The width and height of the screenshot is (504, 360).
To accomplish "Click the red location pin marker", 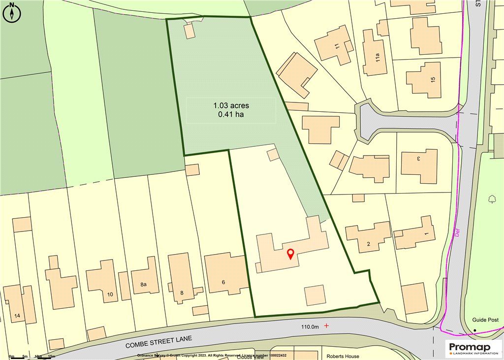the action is [x=290, y=254].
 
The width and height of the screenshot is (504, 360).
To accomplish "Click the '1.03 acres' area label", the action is [x=231, y=105].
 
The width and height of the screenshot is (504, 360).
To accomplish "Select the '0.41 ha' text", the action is [x=231, y=115].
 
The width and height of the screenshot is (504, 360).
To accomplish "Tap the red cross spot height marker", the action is [x=326, y=326].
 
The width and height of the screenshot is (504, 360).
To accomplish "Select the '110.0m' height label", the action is [x=310, y=327].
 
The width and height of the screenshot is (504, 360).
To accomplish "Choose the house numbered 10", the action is [x=103, y=281].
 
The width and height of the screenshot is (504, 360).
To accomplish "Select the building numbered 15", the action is [x=424, y=79].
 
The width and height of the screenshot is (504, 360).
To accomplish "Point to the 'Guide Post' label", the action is [x=485, y=320].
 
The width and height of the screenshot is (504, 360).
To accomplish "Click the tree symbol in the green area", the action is [x=492, y=199].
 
